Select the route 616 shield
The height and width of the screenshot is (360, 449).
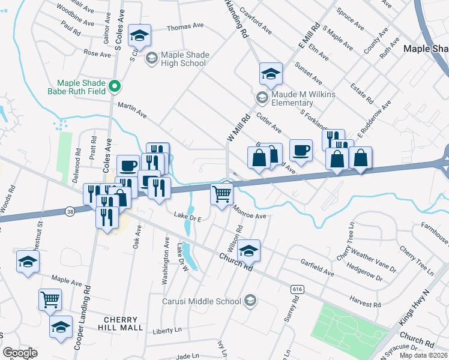(297, 289)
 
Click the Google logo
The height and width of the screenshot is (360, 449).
(20, 353)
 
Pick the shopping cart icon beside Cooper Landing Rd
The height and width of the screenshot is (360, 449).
(50, 298)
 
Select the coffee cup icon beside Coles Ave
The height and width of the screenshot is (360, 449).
(127, 165)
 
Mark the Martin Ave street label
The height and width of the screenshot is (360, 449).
(132, 109)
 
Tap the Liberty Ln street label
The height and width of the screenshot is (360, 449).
(167, 331)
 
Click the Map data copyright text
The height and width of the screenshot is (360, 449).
(423, 355)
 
